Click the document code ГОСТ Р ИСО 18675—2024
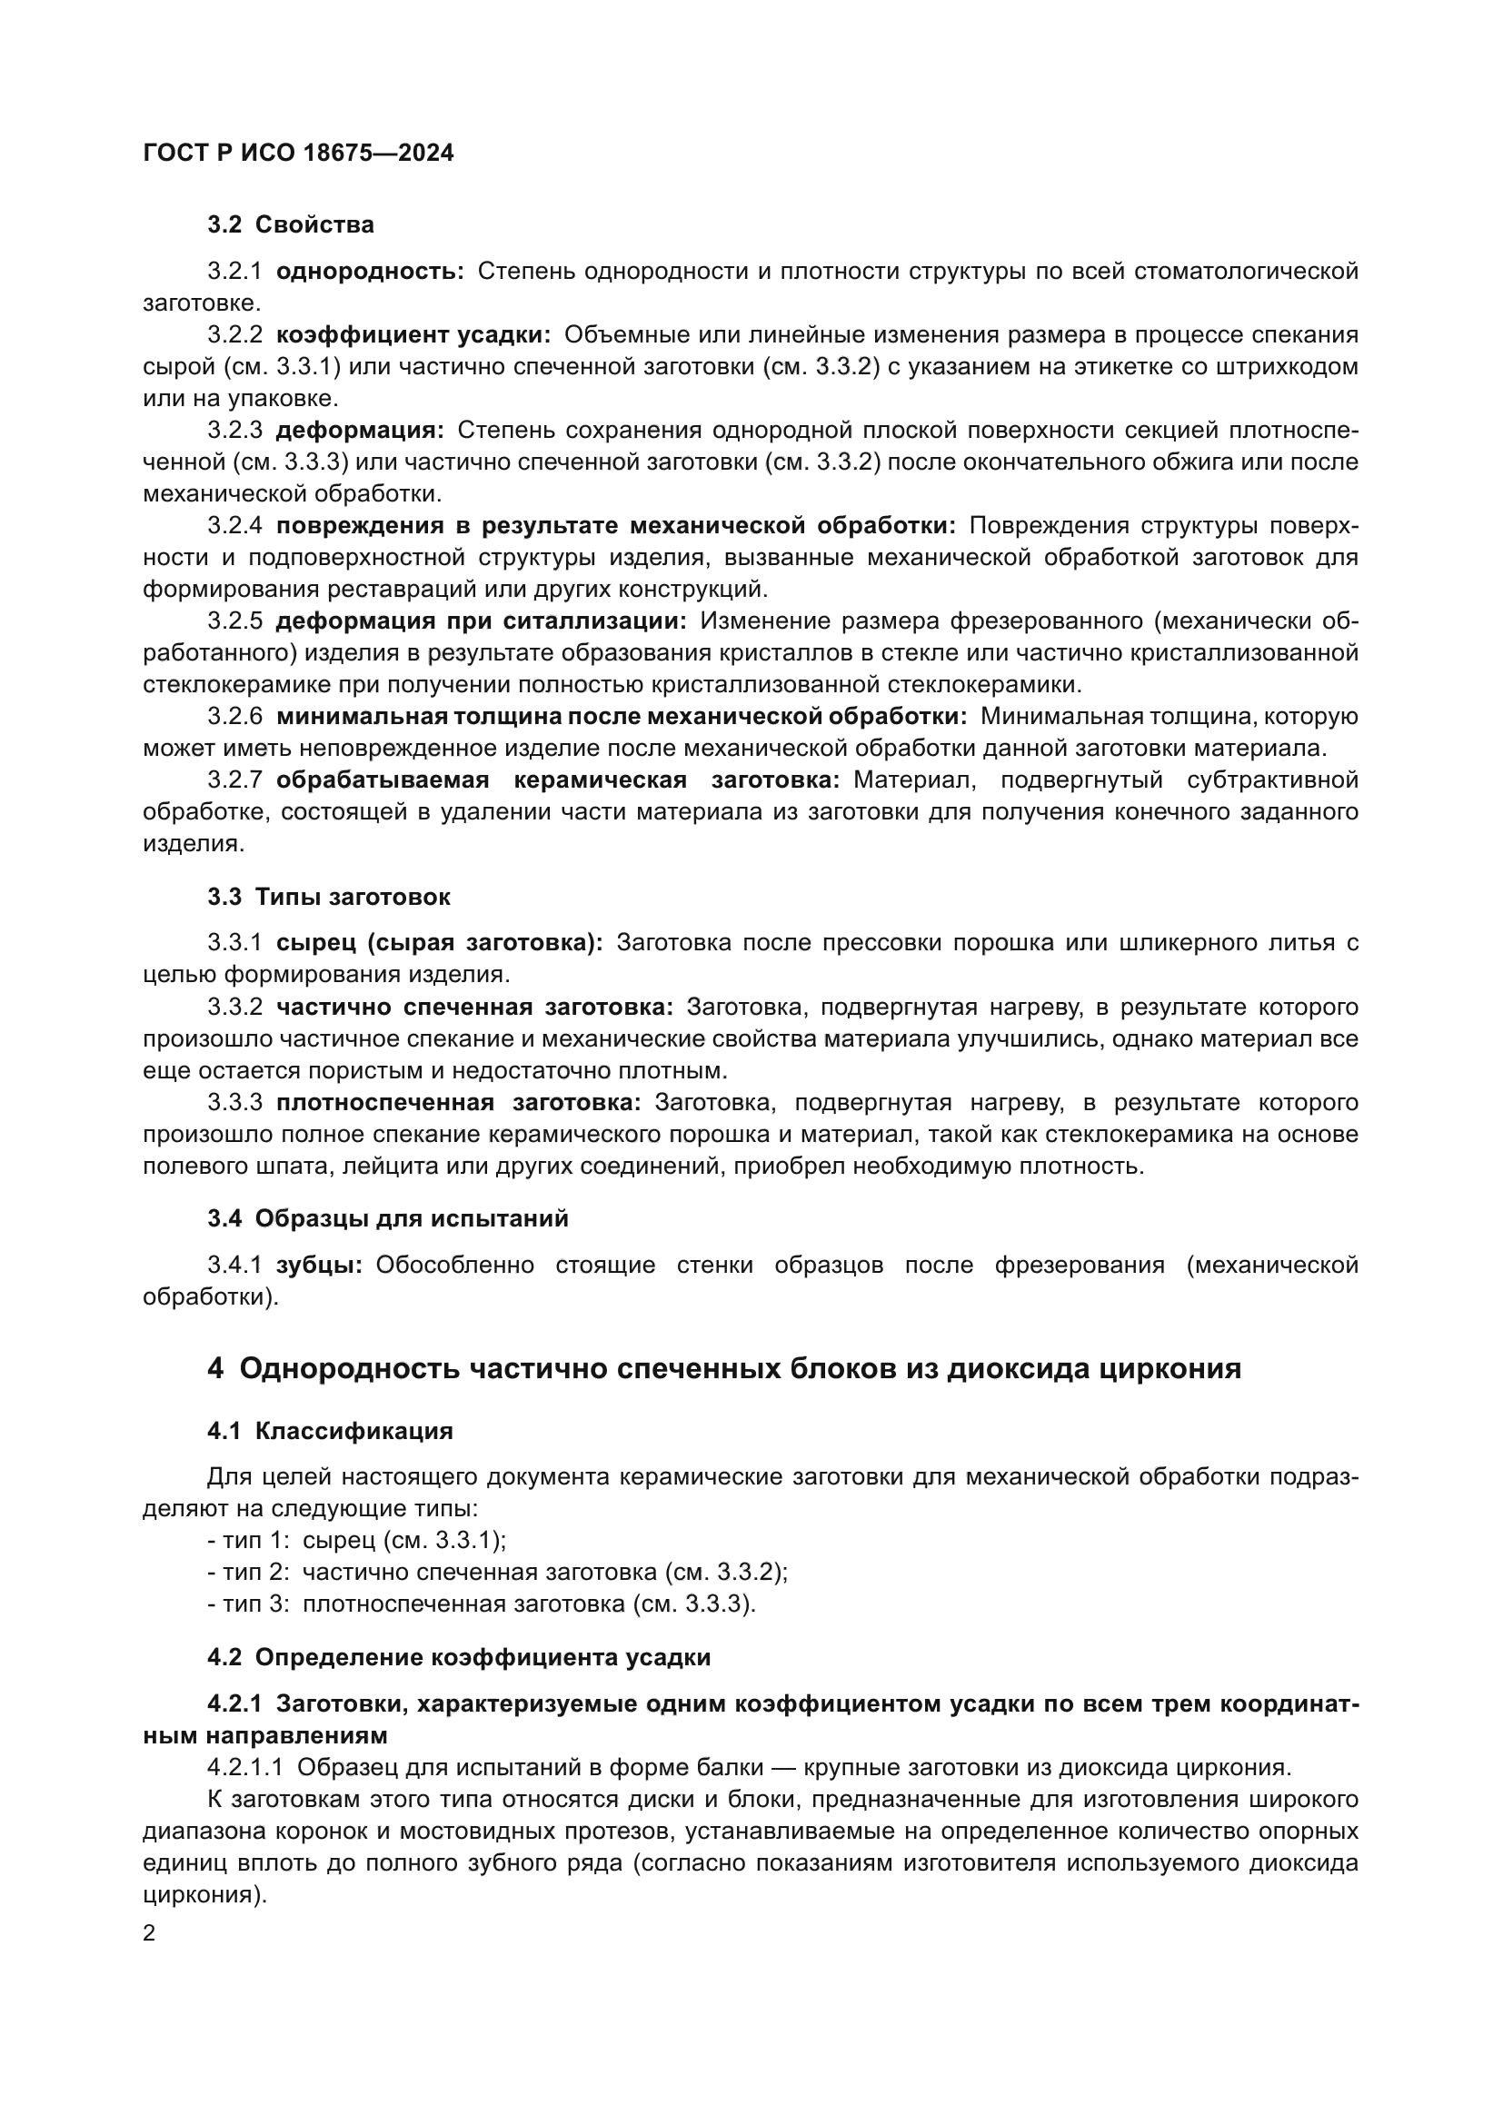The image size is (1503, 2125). [298, 154]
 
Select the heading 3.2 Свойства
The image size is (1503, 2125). [291, 225]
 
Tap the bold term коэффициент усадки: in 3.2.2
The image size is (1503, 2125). [413, 335]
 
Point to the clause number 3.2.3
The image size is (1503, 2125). [235, 431]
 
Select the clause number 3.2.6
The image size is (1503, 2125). [235, 716]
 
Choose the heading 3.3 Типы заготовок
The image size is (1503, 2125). [329, 897]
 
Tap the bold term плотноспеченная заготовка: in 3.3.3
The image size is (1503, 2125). [458, 1102]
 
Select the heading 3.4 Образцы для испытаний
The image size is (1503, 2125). [388, 1219]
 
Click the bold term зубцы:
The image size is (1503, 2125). [319, 1266]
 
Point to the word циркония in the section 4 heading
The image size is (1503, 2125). [1170, 1368]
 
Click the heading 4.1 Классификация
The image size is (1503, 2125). [331, 1431]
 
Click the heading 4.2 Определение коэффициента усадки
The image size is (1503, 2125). [459, 1657]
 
